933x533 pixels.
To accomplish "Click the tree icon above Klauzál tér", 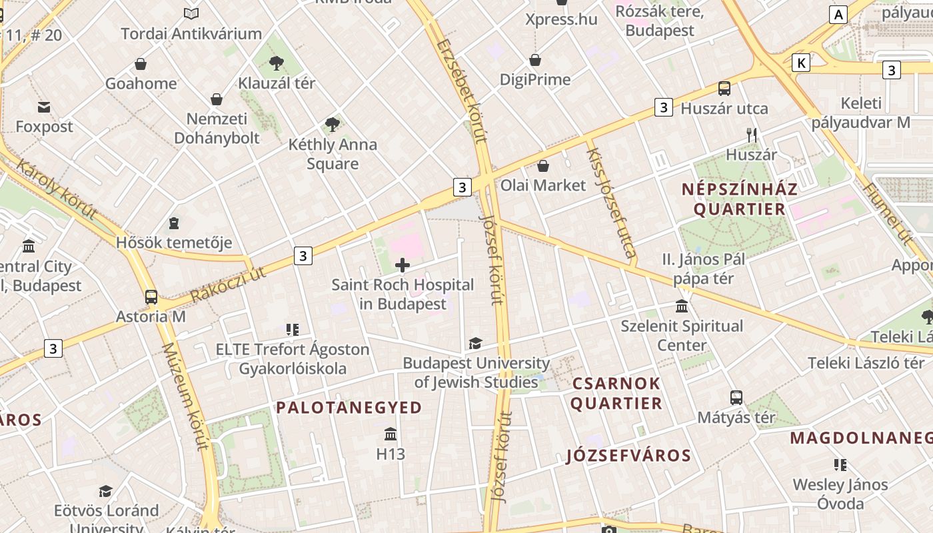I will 276,63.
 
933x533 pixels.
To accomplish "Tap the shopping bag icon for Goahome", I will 141,64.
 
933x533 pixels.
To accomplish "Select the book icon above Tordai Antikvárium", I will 191,13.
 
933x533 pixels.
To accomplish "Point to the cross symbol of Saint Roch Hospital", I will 403,265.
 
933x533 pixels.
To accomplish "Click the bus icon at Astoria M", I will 151,297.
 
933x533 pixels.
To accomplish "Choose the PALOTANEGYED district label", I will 349,407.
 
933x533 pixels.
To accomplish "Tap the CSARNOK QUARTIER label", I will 616,393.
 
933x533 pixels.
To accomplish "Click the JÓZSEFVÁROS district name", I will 629,456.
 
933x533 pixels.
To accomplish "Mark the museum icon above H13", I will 391,434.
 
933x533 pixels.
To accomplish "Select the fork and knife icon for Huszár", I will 752,135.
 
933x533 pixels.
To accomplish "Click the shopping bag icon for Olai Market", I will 543,166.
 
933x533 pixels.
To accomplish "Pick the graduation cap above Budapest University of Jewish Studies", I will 475,343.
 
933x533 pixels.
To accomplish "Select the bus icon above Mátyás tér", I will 736,398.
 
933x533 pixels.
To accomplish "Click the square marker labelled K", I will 801,63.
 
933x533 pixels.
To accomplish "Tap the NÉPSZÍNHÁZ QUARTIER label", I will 740,199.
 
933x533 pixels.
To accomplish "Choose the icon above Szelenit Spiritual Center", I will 682,306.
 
